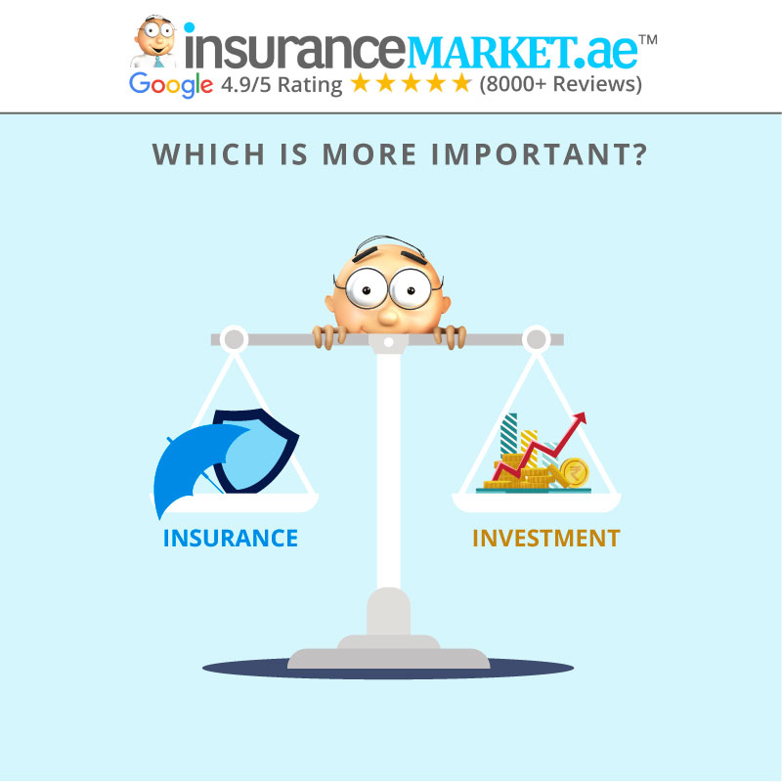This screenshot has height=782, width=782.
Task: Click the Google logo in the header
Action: coord(170,84)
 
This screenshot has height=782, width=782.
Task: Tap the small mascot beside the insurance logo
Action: coord(155,42)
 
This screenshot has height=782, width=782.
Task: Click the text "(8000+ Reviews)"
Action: coord(560,84)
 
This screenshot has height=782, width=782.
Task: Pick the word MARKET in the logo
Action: coord(490,53)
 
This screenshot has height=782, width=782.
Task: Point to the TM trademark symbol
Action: coord(648,39)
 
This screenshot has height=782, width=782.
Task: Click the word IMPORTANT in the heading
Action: coord(540,154)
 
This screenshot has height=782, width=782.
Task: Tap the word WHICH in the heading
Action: coord(208,154)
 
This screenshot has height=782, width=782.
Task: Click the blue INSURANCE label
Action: coord(231,539)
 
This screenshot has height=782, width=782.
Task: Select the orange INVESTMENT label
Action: coord(546,539)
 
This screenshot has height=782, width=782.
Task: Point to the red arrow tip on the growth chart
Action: coord(583,415)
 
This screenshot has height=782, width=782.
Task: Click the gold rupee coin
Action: coord(575,472)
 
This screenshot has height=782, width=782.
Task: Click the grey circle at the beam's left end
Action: coord(234,339)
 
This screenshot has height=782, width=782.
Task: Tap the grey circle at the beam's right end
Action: coord(536,339)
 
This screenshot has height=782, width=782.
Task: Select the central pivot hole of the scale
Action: coord(388,342)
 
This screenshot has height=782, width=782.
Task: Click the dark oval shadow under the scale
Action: coord(388,669)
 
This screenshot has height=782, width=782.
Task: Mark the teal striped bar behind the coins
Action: coord(508,433)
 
